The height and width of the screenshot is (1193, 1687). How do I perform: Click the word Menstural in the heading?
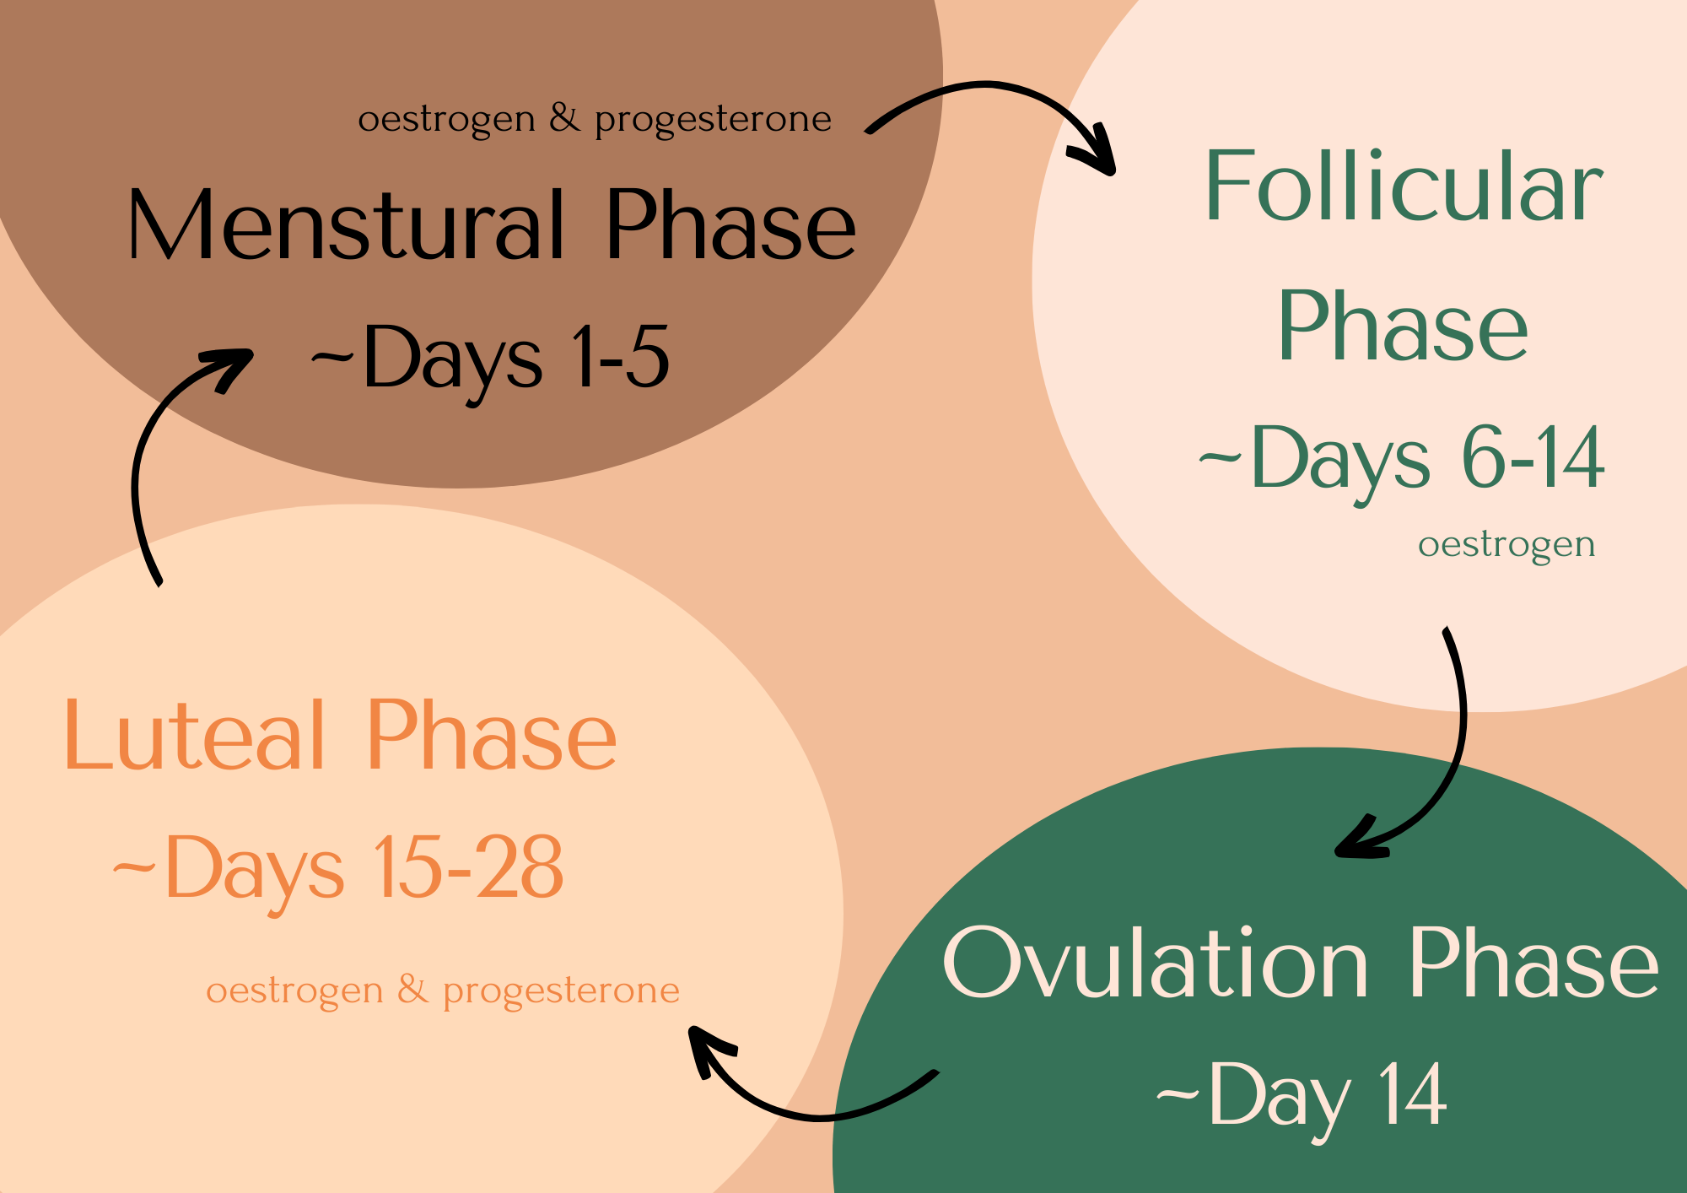[x=346, y=224]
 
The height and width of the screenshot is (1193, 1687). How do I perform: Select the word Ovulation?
[x=1155, y=964]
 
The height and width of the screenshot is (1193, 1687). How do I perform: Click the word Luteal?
[x=194, y=736]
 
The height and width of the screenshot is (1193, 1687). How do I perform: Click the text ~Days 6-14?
[x=1401, y=460]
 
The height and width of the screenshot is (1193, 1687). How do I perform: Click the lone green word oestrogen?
[x=1506, y=545]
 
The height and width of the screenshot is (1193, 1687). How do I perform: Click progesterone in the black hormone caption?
[x=713, y=120]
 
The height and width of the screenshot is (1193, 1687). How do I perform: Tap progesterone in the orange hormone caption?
[x=561, y=991]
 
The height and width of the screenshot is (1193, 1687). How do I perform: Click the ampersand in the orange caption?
[x=412, y=990]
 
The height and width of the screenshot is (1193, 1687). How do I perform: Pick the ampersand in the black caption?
[x=564, y=118]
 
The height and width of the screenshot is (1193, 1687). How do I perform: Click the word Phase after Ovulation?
[x=1533, y=964]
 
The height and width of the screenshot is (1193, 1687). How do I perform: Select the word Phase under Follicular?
[x=1403, y=327]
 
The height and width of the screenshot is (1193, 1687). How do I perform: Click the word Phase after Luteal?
[x=492, y=736]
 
